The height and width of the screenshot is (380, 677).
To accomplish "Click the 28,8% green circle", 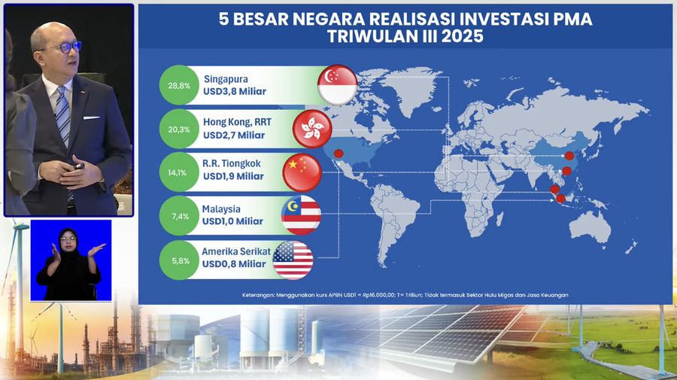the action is (x=179, y=86).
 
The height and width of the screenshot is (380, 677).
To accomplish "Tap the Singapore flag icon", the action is (x=337, y=85).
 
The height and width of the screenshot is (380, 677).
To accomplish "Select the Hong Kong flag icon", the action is (x=312, y=129).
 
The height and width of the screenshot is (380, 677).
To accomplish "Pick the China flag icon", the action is (x=302, y=172).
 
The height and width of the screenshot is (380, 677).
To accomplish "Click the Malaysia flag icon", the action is (x=301, y=215).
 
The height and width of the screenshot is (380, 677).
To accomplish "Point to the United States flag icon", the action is (x=293, y=260).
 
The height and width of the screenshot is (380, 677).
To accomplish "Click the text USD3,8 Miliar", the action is (x=235, y=92).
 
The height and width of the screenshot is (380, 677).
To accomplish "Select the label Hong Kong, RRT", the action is (x=237, y=122).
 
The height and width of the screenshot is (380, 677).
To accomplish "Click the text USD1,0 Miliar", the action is (x=232, y=221).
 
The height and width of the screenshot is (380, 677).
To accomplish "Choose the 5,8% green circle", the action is (x=179, y=260).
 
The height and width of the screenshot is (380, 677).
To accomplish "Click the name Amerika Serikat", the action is (x=236, y=251).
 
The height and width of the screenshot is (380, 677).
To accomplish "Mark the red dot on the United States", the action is (x=338, y=154).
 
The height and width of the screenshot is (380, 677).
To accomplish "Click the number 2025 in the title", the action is (x=462, y=36).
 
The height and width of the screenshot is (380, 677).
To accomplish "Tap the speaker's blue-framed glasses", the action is (x=65, y=47).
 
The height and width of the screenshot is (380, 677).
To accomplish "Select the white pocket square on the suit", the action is (x=91, y=117).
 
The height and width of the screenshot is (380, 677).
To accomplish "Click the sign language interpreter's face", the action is (x=68, y=242).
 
